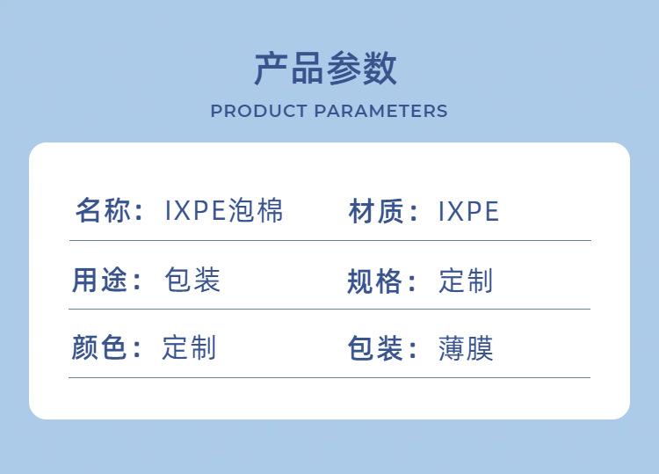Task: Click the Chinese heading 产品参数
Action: click(x=326, y=69)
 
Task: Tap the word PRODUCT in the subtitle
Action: click(x=258, y=111)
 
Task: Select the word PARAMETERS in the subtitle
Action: click(x=380, y=111)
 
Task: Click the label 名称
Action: click(x=103, y=210)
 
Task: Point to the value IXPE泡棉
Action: click(x=224, y=210)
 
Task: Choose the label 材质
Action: click(x=376, y=211)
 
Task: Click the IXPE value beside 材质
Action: click(x=468, y=211)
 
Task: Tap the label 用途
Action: click(x=99, y=280)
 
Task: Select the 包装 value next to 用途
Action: click(x=192, y=280)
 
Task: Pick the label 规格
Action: click(x=374, y=281)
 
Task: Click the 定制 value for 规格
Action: click(x=466, y=281)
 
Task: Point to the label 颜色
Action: click(x=98, y=347)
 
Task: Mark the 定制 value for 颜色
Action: click(x=189, y=347)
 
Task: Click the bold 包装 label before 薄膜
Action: click(x=375, y=348)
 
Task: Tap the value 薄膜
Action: click(x=466, y=348)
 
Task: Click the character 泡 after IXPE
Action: click(x=242, y=210)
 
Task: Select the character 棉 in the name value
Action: click(x=270, y=210)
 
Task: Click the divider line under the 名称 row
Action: click(x=329, y=241)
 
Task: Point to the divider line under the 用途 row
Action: click(x=329, y=310)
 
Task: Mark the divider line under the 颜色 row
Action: click(x=329, y=377)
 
